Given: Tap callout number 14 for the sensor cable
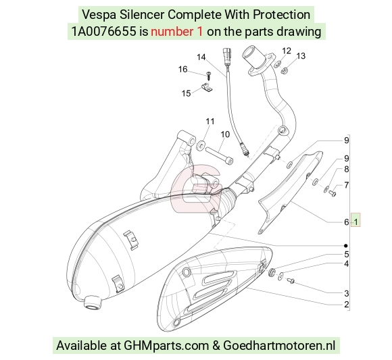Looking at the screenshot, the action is tap(201, 57).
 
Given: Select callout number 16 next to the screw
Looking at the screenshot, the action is tap(182, 69).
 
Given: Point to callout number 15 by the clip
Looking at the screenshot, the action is tap(186, 93).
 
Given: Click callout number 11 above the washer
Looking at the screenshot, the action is tap(210, 122).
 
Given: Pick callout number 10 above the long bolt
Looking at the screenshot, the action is tap(225, 134).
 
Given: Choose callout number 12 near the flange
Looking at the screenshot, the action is tap(287, 51).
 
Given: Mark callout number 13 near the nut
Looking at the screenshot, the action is tap(301, 56).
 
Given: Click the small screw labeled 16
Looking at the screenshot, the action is tap(208, 75).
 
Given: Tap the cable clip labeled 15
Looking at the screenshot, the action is tap(206, 87).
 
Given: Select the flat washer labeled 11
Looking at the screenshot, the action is tap(201, 145).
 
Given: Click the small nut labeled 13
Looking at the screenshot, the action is tap(283, 71).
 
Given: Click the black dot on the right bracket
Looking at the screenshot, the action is tap(346, 246).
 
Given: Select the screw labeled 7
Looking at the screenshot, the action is tap(332, 193).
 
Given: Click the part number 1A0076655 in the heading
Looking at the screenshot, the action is tap(104, 32).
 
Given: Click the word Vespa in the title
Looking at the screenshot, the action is tap(99, 15).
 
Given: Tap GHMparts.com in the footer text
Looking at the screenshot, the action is tap(166, 346).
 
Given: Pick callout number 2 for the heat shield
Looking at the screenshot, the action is tap(346, 305).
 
